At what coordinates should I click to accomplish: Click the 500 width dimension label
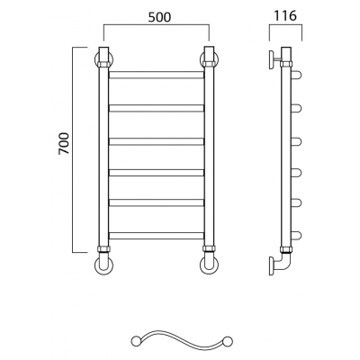click(159, 17)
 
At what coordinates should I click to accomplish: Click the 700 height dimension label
click(64, 143)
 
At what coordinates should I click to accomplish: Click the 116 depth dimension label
click(285, 15)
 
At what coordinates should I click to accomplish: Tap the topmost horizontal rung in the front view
click(157, 75)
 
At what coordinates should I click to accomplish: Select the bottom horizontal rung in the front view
click(157, 236)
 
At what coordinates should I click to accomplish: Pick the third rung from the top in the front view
click(157, 141)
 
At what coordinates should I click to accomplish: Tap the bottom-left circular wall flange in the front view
click(103, 265)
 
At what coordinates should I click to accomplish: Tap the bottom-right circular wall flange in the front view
click(209, 265)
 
